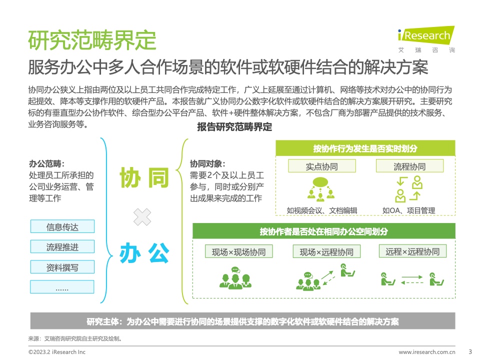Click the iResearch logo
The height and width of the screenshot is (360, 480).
tap(426, 39)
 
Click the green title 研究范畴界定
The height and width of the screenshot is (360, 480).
tap(92, 40)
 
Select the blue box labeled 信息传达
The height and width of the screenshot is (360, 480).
tap(62, 226)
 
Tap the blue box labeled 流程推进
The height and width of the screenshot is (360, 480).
tap(62, 246)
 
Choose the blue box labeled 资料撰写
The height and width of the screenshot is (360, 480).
tap(62, 267)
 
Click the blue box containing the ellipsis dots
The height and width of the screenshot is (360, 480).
tap(62, 287)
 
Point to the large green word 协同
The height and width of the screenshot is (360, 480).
tap(144, 177)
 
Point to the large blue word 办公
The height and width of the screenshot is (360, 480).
tap(144, 253)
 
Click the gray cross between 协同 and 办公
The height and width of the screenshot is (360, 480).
tap(142, 217)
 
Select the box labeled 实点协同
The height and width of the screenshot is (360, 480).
tap(321, 166)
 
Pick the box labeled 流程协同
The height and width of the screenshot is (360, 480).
tap(409, 166)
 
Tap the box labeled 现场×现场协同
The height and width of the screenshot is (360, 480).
tap(239, 251)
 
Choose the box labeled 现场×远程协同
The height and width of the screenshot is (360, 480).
tap(326, 251)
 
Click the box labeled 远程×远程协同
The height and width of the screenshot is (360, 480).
tap(412, 251)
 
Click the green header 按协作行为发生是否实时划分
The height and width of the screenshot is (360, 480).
tap(365, 148)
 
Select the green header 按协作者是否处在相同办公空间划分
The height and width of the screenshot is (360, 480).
tap(324, 231)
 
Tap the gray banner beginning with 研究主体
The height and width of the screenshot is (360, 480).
tap(243, 321)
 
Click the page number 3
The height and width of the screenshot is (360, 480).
tap(470, 351)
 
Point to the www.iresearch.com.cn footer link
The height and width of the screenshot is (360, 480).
tap(426, 352)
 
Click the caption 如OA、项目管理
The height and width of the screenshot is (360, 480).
tap(408, 210)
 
